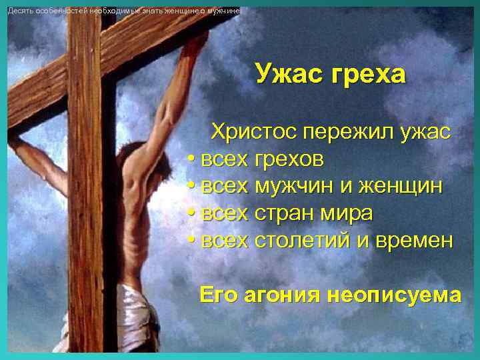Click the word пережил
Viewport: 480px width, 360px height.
point(341,132)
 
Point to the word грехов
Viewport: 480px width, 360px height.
point(289,160)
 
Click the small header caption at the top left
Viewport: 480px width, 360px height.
point(123,11)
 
